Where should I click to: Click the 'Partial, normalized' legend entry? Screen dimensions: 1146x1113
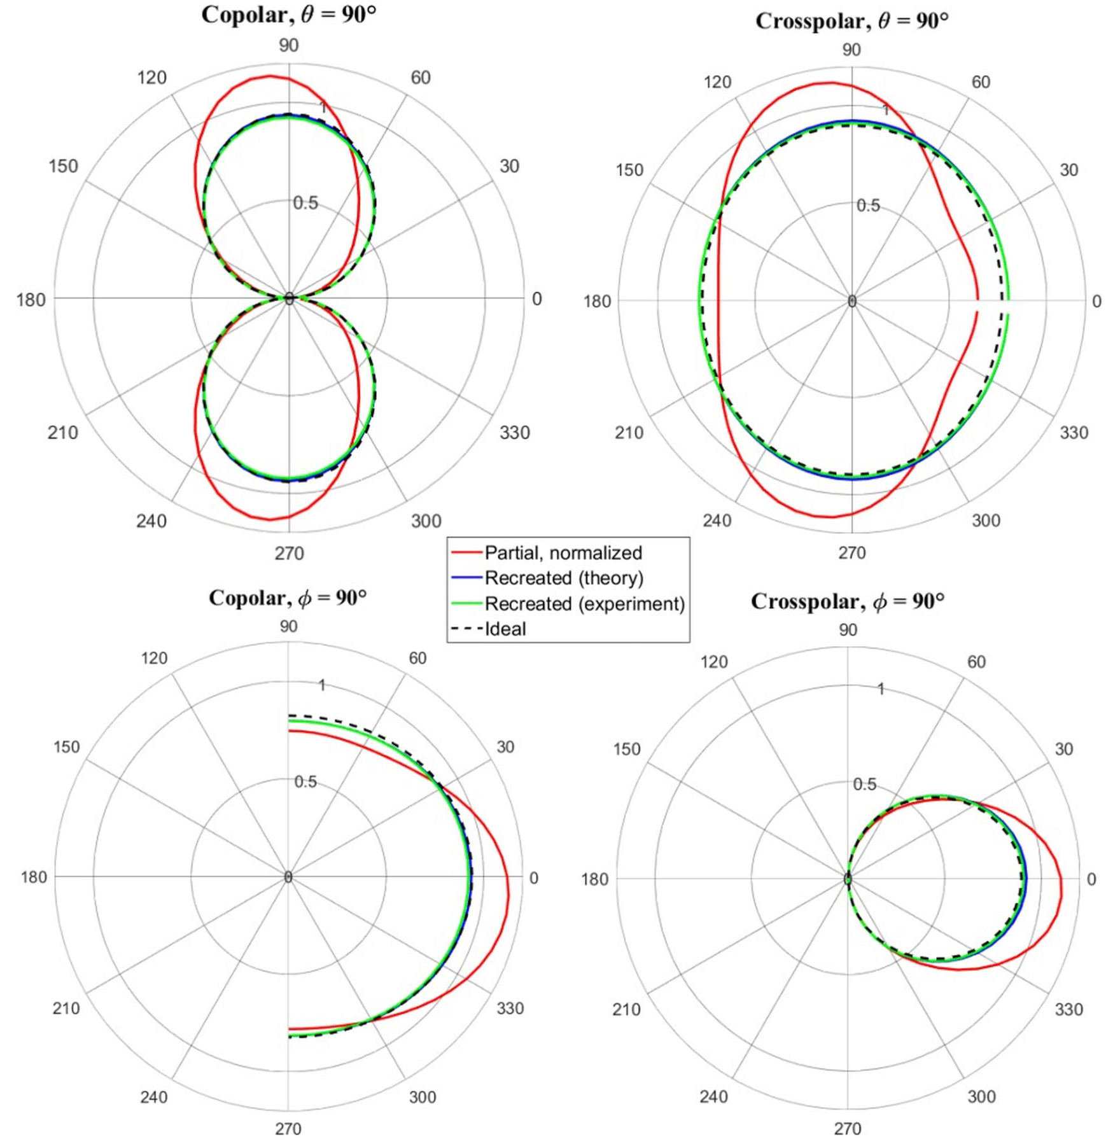[x=563, y=552]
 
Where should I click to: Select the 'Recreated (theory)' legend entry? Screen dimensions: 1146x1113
[x=564, y=578]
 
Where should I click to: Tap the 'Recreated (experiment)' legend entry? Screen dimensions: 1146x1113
[x=584, y=603]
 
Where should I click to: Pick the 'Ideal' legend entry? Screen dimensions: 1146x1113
[x=505, y=629]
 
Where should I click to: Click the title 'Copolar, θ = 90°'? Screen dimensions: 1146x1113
[x=288, y=15]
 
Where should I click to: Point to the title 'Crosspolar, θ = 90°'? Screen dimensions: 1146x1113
[x=851, y=21]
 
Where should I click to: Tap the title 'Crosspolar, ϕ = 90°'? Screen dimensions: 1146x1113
[x=847, y=601]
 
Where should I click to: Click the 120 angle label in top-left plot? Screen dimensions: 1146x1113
[x=151, y=78]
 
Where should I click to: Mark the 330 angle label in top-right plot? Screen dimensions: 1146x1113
[x=1074, y=433]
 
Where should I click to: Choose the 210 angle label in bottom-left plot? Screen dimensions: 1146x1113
[x=66, y=1008]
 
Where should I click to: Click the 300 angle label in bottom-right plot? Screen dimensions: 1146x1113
[x=981, y=1096]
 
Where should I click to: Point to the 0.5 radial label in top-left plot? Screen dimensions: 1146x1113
[x=305, y=203]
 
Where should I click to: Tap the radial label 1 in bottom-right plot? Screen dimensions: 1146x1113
[x=881, y=688]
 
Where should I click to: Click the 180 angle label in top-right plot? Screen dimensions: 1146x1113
[x=597, y=301]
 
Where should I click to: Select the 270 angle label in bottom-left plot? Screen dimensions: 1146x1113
[x=288, y=1129]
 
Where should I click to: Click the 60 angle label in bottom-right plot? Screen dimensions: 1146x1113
[x=976, y=662]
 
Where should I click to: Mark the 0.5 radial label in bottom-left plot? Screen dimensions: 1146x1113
[x=305, y=781]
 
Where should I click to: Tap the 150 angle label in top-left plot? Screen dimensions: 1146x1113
[x=63, y=166]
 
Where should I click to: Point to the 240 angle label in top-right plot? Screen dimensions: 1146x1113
[x=717, y=521]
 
